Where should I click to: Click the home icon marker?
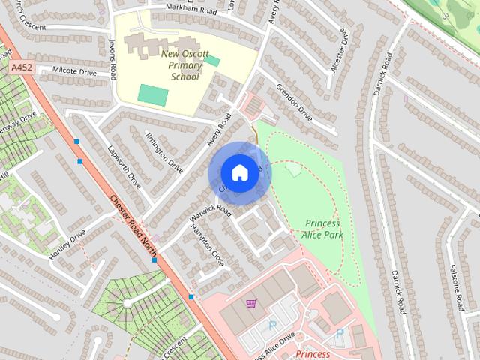[239, 172]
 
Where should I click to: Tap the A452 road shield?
[21, 67]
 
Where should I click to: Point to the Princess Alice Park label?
[322, 229]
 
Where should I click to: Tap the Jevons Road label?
[113, 61]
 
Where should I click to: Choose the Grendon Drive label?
[294, 103]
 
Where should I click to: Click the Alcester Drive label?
[339, 50]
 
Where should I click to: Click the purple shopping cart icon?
[252, 303]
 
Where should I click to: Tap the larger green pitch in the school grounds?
[153, 95]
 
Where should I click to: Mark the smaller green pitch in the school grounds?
[212, 61]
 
